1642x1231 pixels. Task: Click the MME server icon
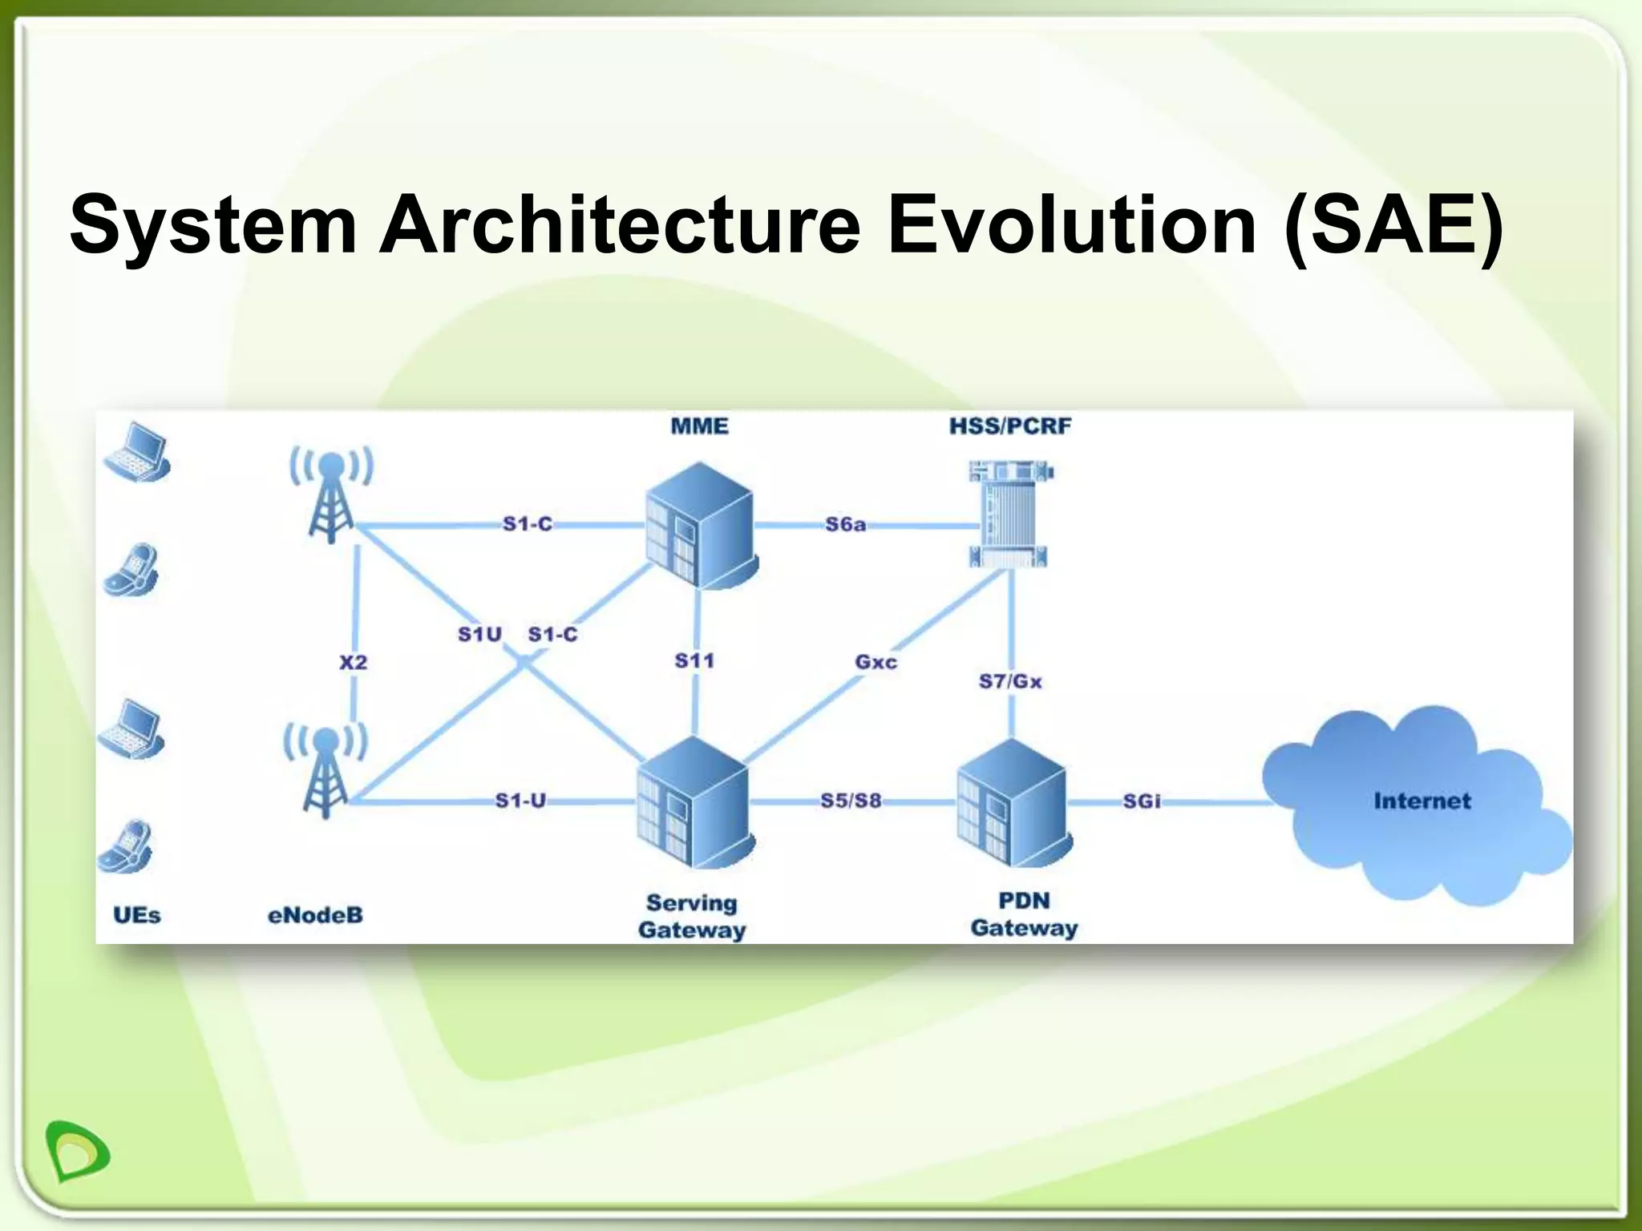[x=700, y=525]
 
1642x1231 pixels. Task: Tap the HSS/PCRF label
[x=1009, y=426]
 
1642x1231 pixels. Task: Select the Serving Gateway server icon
[x=694, y=803]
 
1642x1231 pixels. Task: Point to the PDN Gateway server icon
[x=1013, y=803]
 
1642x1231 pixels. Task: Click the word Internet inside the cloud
[x=1422, y=801]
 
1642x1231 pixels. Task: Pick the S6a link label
[x=845, y=525]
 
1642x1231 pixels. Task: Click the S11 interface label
[x=694, y=661]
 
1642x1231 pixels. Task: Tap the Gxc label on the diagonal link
[x=876, y=662]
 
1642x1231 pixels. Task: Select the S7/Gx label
[x=1009, y=681]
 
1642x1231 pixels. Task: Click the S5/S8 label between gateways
[x=850, y=801]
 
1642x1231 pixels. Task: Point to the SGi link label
[x=1141, y=801]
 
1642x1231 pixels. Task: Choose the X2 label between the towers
[x=353, y=662]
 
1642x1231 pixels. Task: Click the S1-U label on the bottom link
[x=520, y=801]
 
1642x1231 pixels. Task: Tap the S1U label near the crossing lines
[x=479, y=635]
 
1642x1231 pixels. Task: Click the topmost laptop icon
[x=137, y=452]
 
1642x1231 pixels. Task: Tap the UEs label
[x=136, y=915]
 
